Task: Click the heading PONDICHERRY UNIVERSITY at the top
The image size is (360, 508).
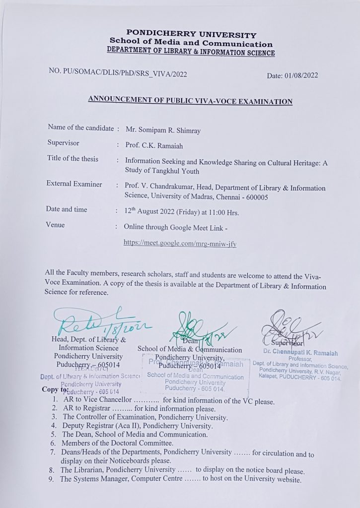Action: pyautogui.click(x=191, y=35)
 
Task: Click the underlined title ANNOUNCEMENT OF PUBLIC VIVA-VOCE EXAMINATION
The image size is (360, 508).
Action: pyautogui.click(x=190, y=101)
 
